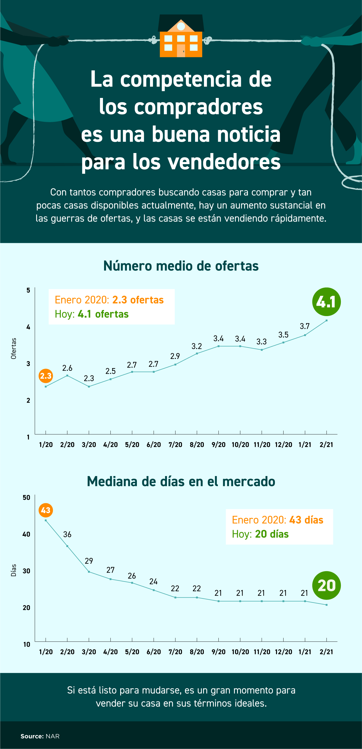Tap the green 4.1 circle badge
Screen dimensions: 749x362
(x=326, y=302)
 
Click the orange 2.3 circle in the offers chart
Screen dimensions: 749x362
(x=46, y=376)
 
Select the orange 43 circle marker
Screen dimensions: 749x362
(x=46, y=510)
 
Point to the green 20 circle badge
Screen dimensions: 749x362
(x=326, y=586)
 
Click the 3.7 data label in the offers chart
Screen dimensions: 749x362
(x=305, y=326)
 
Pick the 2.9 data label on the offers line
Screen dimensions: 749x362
(x=175, y=356)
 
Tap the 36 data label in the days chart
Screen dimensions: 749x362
(x=67, y=534)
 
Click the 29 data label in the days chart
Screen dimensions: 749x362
(x=89, y=561)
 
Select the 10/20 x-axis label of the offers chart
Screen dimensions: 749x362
(x=240, y=445)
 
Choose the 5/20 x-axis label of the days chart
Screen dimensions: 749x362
(x=132, y=652)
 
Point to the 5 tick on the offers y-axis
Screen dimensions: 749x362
(x=28, y=290)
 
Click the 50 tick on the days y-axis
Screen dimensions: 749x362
(x=26, y=497)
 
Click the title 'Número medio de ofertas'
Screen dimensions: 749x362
(x=181, y=266)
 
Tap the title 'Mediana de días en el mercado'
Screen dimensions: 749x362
(x=181, y=482)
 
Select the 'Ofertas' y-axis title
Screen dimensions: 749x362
(x=14, y=349)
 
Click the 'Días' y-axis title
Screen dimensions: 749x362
(x=14, y=570)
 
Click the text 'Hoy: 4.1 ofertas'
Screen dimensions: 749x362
(x=92, y=314)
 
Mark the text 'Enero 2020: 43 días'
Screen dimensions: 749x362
(x=277, y=520)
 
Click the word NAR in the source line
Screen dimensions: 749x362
(x=53, y=736)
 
